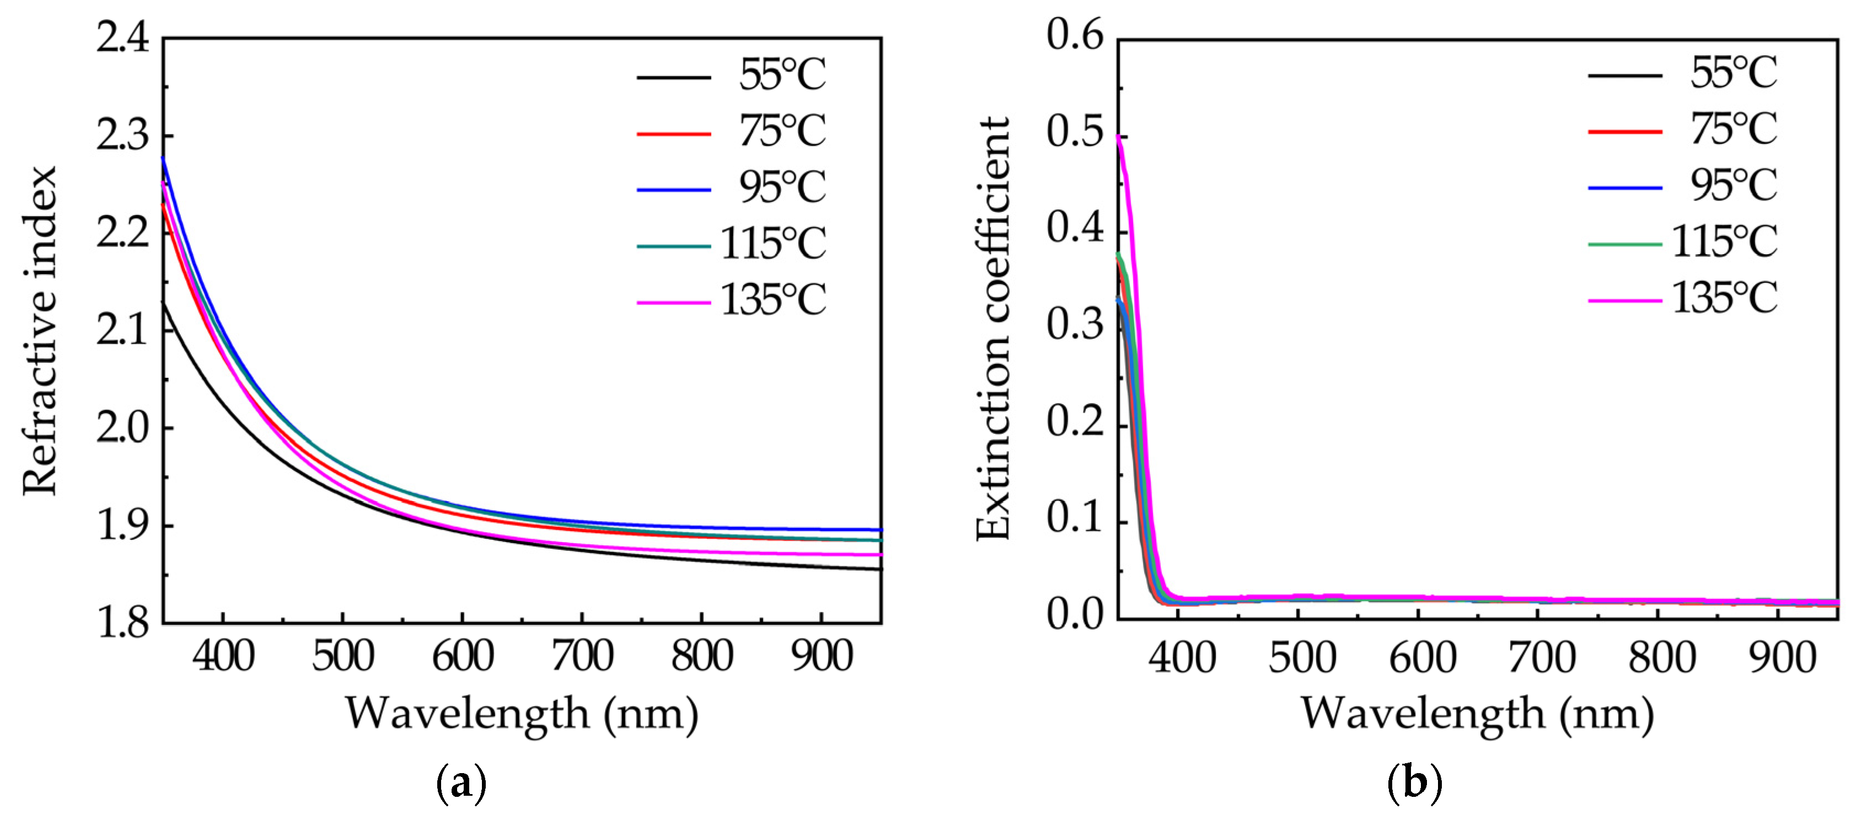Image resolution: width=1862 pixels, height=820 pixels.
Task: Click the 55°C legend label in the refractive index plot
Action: [781, 74]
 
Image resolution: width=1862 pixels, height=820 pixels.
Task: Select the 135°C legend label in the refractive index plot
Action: [772, 299]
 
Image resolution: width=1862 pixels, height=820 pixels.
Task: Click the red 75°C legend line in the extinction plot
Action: [1625, 132]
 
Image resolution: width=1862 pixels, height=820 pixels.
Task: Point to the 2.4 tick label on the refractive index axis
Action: [123, 37]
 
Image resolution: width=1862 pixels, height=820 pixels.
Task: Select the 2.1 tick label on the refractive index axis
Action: [123, 330]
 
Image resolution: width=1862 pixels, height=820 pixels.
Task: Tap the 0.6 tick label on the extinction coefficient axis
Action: [1076, 35]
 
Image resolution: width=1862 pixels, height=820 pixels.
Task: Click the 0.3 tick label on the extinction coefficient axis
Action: [1076, 325]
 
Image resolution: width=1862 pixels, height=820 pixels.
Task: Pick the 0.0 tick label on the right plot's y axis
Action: [1076, 615]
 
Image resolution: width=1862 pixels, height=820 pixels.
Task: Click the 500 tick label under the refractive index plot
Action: [342, 657]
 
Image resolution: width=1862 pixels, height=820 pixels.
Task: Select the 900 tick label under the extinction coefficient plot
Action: [1781, 658]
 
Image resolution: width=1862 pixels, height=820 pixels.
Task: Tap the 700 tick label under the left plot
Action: [582, 657]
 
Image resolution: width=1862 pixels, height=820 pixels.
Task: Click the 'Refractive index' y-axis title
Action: [40, 330]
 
